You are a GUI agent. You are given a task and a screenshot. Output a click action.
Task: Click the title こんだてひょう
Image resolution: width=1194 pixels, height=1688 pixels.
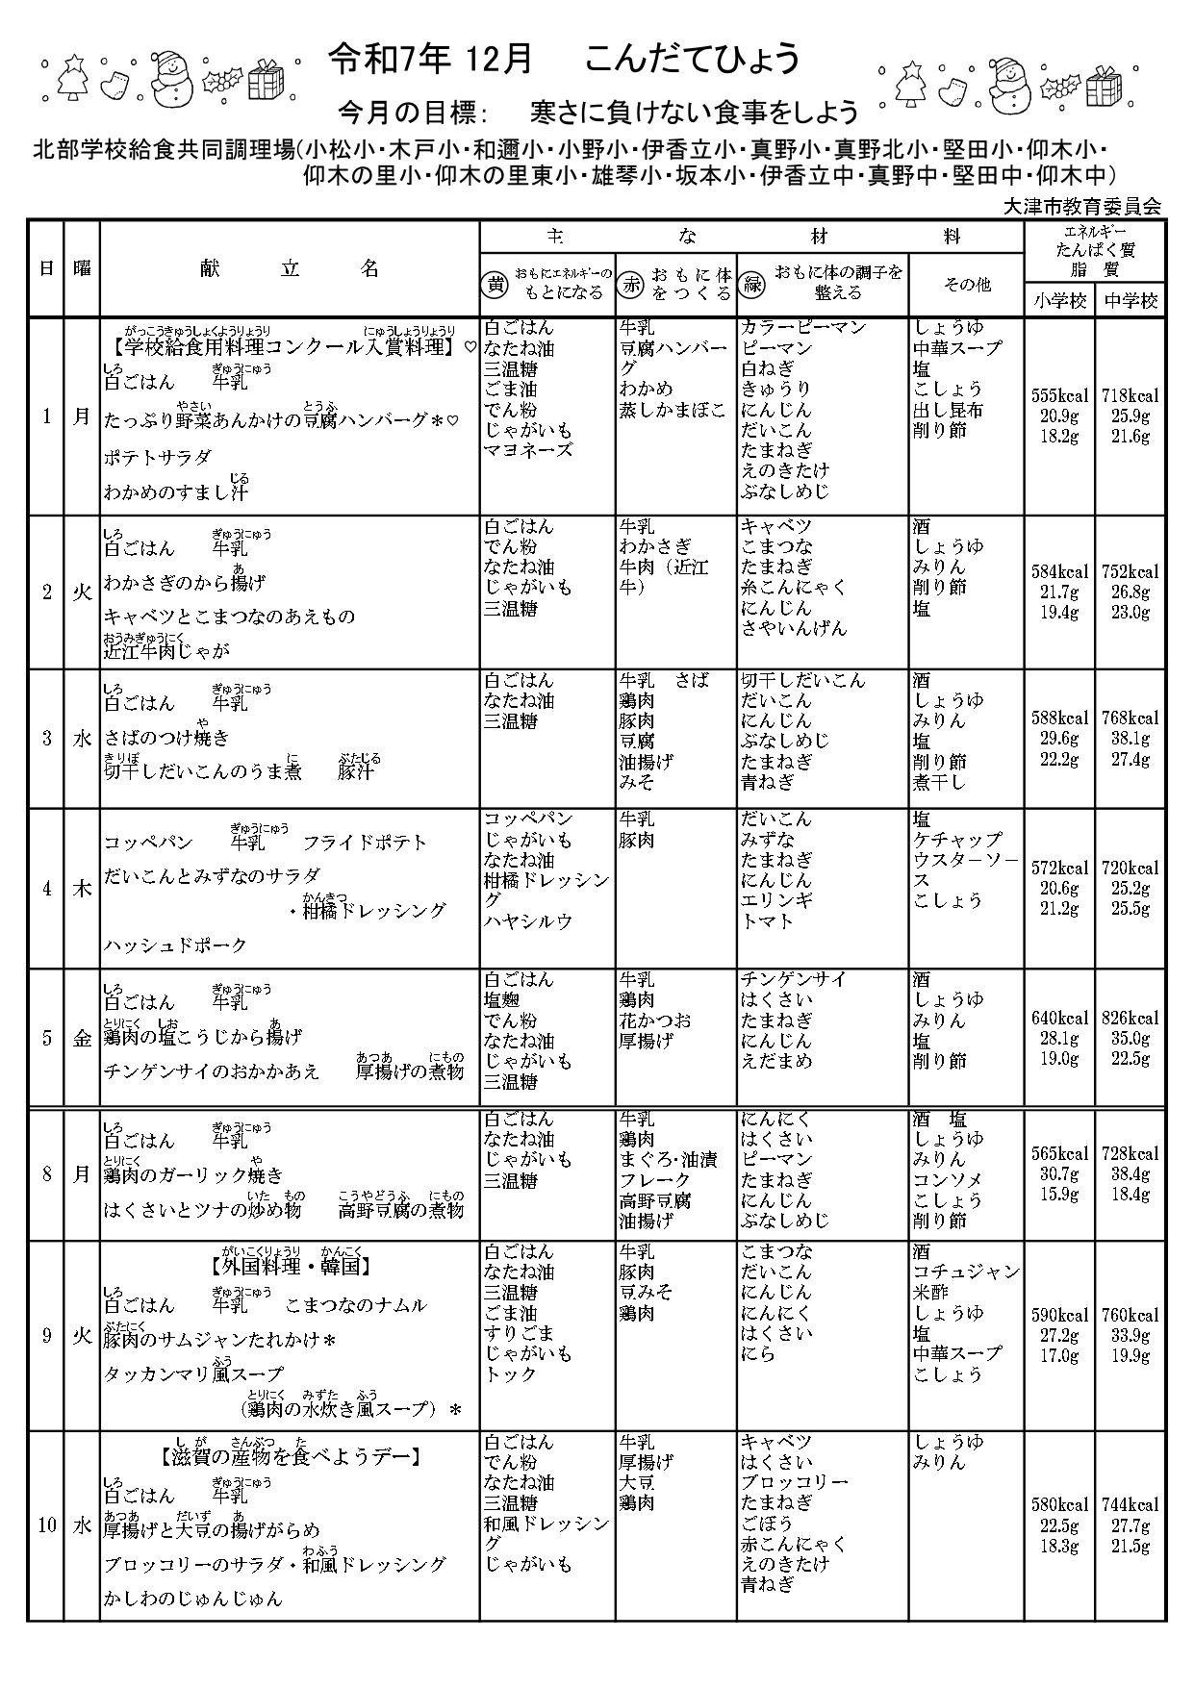(x=692, y=60)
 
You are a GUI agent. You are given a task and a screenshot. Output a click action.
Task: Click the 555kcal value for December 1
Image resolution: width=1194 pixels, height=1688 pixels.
(x=1059, y=395)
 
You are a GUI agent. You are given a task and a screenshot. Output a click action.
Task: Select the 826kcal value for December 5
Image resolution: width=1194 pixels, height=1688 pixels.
(x=1130, y=1019)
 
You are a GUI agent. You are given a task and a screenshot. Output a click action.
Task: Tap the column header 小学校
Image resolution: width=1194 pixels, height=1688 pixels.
(x=1059, y=300)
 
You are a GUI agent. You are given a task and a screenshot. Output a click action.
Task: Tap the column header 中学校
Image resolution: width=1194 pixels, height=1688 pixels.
(x=1130, y=300)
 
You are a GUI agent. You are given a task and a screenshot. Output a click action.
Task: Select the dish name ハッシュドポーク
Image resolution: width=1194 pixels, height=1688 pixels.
(x=176, y=945)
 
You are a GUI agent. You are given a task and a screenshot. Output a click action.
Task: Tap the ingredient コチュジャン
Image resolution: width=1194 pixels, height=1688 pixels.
(x=966, y=1272)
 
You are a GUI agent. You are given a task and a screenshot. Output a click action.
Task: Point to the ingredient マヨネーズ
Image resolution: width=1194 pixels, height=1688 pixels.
(x=528, y=450)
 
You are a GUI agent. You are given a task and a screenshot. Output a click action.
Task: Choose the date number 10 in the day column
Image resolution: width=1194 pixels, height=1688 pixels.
(x=46, y=1525)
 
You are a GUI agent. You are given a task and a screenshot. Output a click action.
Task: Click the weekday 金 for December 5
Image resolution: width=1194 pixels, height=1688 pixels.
(x=82, y=1039)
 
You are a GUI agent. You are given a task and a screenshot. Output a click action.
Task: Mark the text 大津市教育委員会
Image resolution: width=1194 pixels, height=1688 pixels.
(x=1081, y=206)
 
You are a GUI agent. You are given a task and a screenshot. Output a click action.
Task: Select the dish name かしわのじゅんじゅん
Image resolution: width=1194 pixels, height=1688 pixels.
(x=193, y=1599)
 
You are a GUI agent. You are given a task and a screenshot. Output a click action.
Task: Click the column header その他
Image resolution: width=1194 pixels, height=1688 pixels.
(x=966, y=285)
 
